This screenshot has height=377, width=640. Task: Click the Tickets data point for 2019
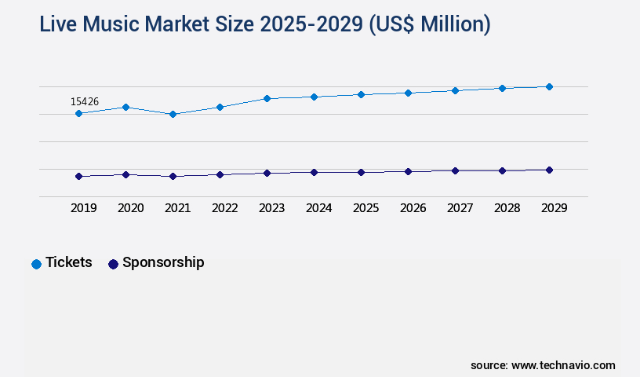(78, 113)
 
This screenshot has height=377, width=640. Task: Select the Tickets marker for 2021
(173, 114)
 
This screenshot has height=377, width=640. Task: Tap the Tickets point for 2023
(267, 98)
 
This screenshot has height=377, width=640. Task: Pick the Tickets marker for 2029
(549, 86)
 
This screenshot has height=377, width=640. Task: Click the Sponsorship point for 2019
(78, 176)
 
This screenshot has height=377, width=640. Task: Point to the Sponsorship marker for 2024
(314, 172)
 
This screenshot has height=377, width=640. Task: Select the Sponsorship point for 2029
(549, 170)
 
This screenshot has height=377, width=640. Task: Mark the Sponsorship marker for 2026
(408, 171)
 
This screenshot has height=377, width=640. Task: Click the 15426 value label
(85, 101)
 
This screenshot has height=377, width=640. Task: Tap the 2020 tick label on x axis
(130, 208)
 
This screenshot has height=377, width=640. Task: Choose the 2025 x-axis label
(365, 208)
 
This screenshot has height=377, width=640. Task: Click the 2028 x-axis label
(507, 208)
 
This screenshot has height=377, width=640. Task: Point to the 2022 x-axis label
(224, 208)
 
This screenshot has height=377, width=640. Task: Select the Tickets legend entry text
(68, 262)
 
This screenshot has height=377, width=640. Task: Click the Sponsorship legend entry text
(163, 262)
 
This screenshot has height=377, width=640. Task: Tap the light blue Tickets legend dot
(36, 264)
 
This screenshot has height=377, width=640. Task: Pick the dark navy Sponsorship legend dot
(113, 264)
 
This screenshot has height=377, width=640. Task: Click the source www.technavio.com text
(543, 365)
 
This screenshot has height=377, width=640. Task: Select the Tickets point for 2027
(455, 90)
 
